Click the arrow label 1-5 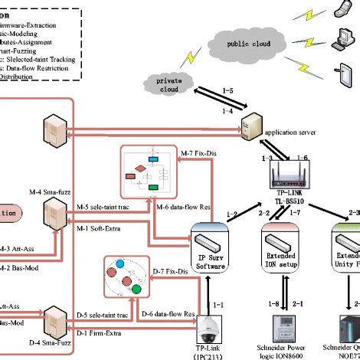point(227,90)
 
